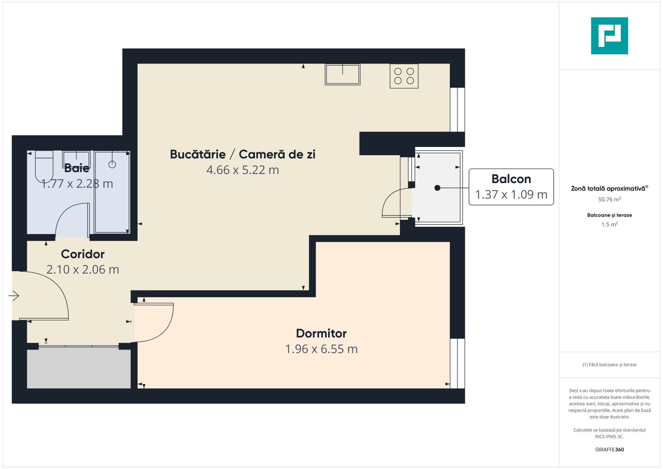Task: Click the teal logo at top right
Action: (x=609, y=36)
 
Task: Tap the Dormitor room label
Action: (x=321, y=333)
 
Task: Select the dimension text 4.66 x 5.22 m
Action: (x=242, y=170)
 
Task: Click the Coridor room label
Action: (x=82, y=254)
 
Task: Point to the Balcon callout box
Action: (x=511, y=187)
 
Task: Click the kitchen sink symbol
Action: (x=343, y=74)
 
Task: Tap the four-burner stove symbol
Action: (x=404, y=76)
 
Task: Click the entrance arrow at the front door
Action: (x=14, y=296)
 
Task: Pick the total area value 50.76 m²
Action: (x=609, y=199)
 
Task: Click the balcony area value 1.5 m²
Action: (x=609, y=225)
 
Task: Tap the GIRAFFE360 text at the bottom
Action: (x=609, y=449)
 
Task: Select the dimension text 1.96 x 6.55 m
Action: (x=321, y=349)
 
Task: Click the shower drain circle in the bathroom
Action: (x=112, y=164)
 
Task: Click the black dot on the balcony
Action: (x=437, y=188)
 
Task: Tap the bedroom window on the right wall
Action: (x=457, y=363)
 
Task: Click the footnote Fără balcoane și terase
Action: (x=609, y=365)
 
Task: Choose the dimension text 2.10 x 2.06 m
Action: (x=82, y=269)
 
